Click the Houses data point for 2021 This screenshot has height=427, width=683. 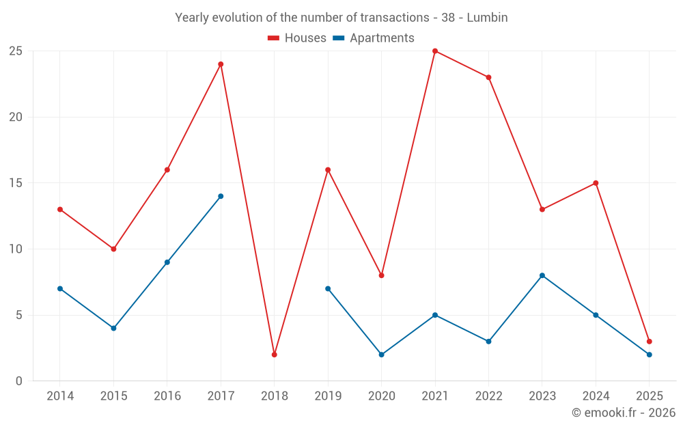[435, 51]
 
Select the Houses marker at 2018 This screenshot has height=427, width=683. [275, 355]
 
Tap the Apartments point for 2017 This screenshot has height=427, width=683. [221, 196]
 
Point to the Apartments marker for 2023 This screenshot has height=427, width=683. [542, 275]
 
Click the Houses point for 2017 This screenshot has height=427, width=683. [221, 64]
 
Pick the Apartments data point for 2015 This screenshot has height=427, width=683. [113, 328]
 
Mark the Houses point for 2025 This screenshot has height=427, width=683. [650, 342]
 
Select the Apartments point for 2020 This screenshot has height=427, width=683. [382, 355]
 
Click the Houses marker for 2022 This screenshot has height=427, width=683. [488, 77]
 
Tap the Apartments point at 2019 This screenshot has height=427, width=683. [328, 288]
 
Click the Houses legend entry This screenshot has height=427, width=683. [297, 38]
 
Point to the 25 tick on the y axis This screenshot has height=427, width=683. [16, 51]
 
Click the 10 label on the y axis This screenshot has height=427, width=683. [16, 249]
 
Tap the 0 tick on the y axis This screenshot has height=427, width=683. [19, 381]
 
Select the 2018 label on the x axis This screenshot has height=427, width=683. [275, 396]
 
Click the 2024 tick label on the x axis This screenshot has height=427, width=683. [596, 396]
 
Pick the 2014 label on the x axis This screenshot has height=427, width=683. [60, 396]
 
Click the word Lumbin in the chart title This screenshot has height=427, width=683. [487, 18]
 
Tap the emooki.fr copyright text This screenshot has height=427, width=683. [624, 413]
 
